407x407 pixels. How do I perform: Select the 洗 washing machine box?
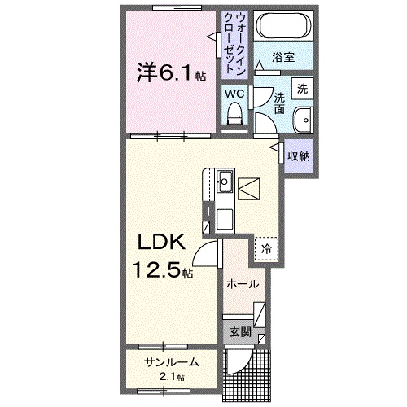pyautogui.click(x=302, y=87)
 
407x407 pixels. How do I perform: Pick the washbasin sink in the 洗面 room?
pyautogui.click(x=303, y=118)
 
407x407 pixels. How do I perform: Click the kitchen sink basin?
pyautogui.click(x=225, y=181)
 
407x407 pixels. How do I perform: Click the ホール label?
pyautogui.click(x=243, y=284)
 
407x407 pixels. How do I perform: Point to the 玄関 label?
pyautogui.click(x=240, y=331)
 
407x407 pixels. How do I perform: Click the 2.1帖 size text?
pyautogui.click(x=170, y=377)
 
